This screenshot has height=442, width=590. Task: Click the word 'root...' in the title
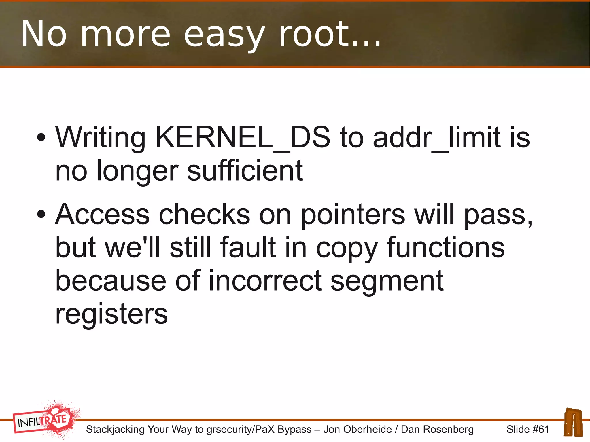coord(330,35)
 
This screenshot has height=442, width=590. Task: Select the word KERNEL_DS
coord(243,138)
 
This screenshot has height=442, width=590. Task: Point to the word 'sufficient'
coord(245,171)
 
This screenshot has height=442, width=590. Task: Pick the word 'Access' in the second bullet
coord(102,215)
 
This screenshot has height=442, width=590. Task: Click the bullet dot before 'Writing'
coord(41,137)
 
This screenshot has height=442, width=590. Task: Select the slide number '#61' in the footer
coord(541,429)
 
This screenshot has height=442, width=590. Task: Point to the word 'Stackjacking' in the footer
coord(115,429)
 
